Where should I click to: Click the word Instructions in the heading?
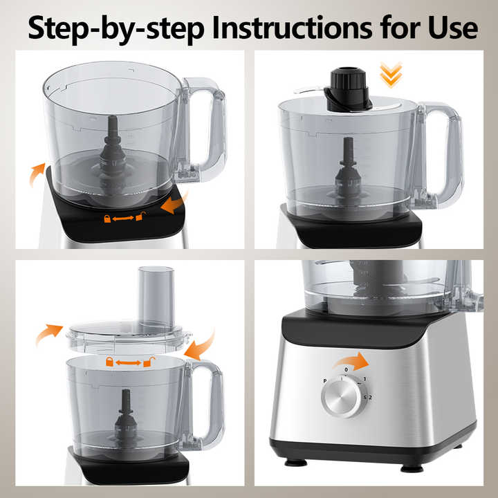click(292, 28)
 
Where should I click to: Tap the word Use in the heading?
click(452, 28)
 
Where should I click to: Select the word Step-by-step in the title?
click(116, 30)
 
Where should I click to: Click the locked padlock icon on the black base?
click(108, 219)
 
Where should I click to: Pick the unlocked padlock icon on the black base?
click(140, 216)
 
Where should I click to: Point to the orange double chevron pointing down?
click(391, 75)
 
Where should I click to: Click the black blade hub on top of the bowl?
click(348, 90)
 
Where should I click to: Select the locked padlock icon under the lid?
click(109, 362)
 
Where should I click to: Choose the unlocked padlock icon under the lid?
click(149, 362)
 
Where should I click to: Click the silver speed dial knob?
click(342, 397)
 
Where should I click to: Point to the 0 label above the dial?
click(347, 369)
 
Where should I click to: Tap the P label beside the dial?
click(324, 381)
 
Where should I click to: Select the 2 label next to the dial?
click(370, 397)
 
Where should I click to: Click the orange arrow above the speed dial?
click(351, 361)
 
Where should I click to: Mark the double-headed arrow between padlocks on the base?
click(123, 218)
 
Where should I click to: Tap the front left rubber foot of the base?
click(296, 463)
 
